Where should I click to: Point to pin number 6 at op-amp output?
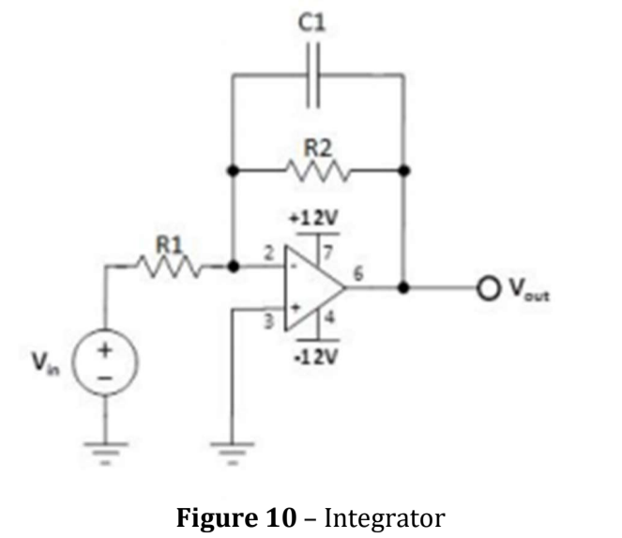[357, 273]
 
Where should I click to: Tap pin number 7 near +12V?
[328, 252]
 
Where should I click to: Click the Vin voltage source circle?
[105, 361]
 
